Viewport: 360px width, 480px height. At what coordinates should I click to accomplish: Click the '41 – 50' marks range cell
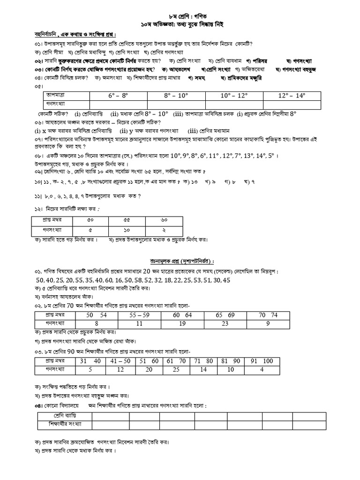pyautogui.click(x=120, y=361)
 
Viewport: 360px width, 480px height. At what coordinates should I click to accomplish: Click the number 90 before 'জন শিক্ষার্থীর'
pyautogui.click(x=89, y=352)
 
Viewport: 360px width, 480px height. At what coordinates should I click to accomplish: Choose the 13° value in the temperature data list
pyautogui.click(x=247, y=155)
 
